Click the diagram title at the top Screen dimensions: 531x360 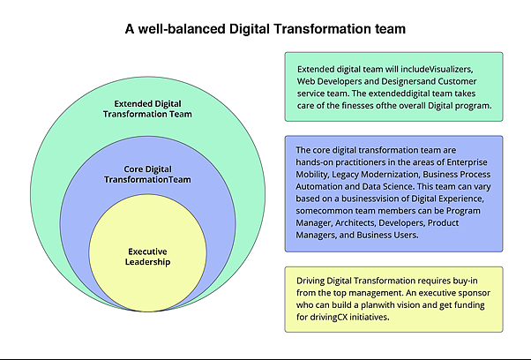[265, 29]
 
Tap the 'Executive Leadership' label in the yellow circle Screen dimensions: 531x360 [147, 257]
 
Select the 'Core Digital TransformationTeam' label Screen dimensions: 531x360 [147, 174]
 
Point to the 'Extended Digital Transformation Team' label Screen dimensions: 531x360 [147, 109]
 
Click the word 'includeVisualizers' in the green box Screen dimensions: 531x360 [436, 69]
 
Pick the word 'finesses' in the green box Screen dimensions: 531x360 [357, 105]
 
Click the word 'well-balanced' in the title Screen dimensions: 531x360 [182, 29]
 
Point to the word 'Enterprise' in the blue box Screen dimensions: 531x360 [467, 162]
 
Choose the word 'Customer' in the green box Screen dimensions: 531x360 [457, 82]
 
